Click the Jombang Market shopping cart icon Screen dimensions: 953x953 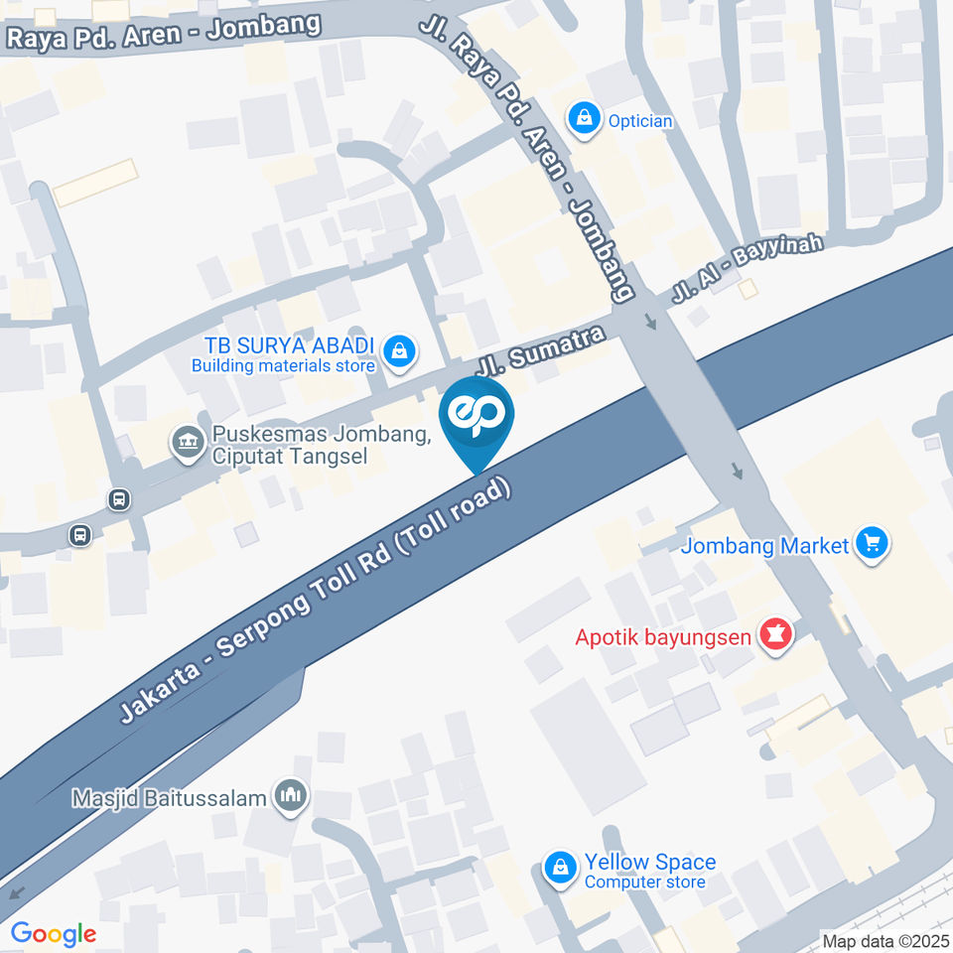tap(873, 544)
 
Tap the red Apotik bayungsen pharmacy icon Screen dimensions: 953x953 tap(775, 633)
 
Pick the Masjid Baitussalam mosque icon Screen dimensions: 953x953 tap(291, 795)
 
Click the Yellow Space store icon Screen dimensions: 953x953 tap(560, 869)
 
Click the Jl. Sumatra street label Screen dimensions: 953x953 tap(542, 350)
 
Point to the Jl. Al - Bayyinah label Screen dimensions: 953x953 tap(748, 264)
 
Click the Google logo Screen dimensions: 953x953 tap(53, 933)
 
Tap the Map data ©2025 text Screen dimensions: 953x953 tap(885, 940)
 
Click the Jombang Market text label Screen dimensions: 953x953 tap(765, 545)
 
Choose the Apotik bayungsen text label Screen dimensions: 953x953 tap(664, 635)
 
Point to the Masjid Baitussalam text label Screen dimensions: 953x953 tap(170, 797)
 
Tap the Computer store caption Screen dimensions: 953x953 tap(644, 882)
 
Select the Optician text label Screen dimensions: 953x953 tap(640, 121)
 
